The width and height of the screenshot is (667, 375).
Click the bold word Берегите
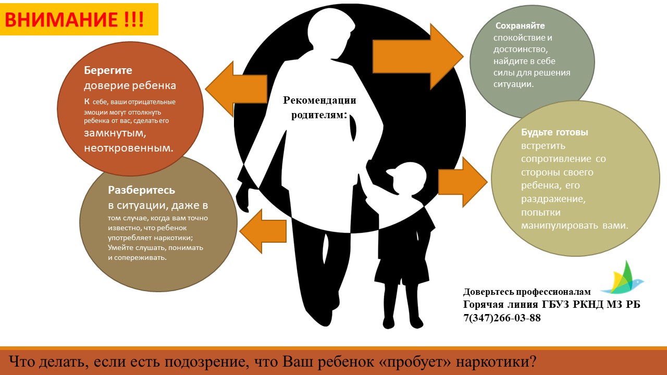[108, 70]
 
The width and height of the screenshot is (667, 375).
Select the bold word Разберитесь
[141, 190]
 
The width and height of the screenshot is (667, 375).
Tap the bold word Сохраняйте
[520, 26]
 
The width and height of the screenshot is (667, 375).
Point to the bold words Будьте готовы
[554, 132]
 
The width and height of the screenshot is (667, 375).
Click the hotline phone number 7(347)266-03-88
[502, 318]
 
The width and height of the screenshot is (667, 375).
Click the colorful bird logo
[622, 278]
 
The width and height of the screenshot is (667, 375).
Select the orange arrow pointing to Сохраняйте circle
[418, 57]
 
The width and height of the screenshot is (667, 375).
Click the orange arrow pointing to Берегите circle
[236, 89]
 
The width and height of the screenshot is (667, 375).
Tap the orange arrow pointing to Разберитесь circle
[263, 231]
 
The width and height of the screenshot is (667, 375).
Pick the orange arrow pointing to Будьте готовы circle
[462, 182]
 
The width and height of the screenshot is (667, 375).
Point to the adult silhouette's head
[330, 32]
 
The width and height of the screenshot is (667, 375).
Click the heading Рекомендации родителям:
[319, 107]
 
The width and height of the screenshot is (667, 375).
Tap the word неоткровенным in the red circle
[128, 148]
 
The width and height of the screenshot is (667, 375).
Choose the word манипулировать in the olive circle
[560, 226]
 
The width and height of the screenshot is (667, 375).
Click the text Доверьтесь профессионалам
[527, 292]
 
